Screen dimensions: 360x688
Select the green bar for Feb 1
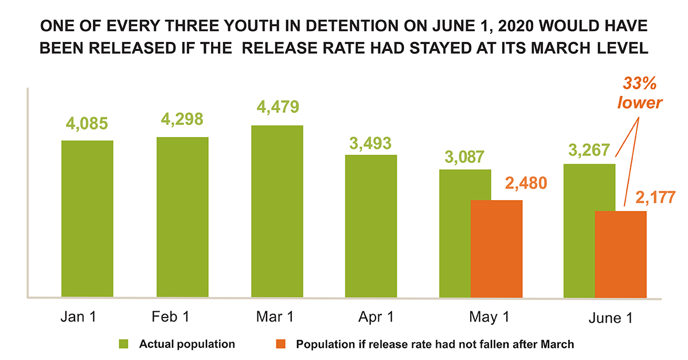182,217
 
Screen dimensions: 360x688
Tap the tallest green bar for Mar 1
277,212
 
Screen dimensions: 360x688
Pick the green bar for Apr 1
371,226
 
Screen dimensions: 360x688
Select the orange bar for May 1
497,249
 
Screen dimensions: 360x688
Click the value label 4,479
278,108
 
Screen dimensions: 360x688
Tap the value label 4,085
87,123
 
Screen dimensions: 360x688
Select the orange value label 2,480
526,183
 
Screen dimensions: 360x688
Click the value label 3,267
590,148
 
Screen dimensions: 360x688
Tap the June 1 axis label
610,319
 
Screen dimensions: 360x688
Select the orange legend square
280,345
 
